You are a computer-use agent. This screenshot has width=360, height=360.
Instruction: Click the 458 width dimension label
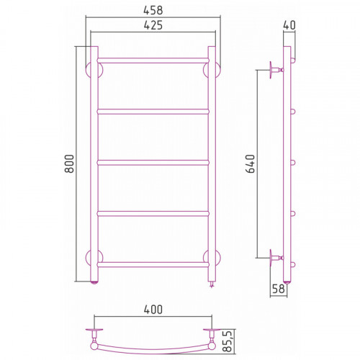point(153,10)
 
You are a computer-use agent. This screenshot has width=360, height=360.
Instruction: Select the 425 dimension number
point(153,25)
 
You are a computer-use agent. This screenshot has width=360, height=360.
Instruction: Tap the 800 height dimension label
point(70,163)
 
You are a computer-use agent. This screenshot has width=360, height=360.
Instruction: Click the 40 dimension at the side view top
point(289,25)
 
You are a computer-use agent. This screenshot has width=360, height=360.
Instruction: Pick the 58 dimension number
point(279,289)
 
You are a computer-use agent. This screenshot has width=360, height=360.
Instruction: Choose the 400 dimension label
point(153,310)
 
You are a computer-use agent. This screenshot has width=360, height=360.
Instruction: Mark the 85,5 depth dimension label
point(227,341)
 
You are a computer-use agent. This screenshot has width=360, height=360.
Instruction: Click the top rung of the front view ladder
point(153,60)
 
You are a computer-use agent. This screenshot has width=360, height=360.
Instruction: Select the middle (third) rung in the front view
point(153,163)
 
